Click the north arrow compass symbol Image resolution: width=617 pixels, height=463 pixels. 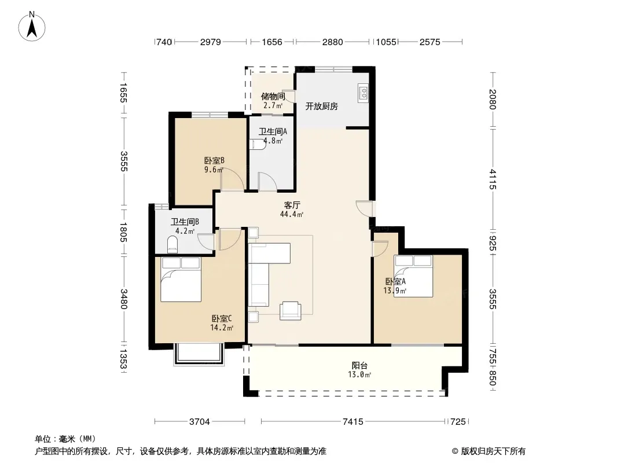tap(32, 27)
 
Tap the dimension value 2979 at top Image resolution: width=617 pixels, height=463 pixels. tap(211, 42)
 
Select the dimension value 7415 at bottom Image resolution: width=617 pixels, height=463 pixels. tap(352, 422)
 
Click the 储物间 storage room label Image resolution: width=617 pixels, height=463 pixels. tap(273, 97)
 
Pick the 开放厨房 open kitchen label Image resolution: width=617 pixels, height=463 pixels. tap(321, 106)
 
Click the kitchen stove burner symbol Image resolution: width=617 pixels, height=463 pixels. tap(363, 93)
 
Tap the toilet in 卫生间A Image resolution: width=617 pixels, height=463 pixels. tap(258, 144)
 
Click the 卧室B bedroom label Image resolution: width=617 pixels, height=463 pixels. tap(214, 160)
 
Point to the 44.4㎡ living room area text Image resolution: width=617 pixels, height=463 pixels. tap(292, 214)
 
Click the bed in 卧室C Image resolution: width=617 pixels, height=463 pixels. tap(181, 280)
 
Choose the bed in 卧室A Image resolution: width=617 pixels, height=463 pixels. tap(413, 275)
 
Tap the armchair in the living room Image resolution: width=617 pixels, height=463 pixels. tap(291, 311)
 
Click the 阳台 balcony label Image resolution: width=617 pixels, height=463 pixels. tap(359, 365)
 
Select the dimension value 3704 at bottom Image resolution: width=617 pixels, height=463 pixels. tap(200, 422)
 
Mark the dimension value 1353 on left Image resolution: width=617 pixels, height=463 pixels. tap(123, 359)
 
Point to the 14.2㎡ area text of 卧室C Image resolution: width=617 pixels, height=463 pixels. tap(222, 328)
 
